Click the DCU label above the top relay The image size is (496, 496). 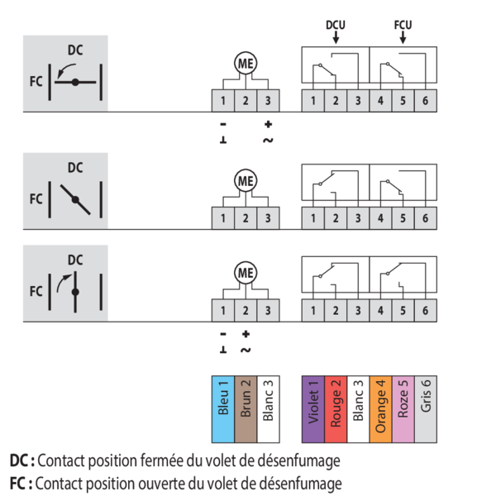pyautogui.click(x=335, y=26)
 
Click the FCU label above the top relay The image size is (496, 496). pyautogui.click(x=403, y=26)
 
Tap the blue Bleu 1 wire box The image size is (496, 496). pyautogui.click(x=222, y=401)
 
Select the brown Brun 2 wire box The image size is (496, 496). pyautogui.click(x=245, y=401)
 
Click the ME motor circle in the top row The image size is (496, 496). pyautogui.click(x=246, y=64)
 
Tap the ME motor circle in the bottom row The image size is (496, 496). pyautogui.click(x=246, y=272)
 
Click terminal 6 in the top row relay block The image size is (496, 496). pyautogui.click(x=425, y=101)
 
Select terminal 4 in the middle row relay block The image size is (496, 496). pyautogui.click(x=380, y=219)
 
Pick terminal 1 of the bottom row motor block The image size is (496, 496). pyautogui.click(x=223, y=311)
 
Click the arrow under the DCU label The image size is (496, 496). pyautogui.click(x=335, y=37)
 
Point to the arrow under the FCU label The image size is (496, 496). pyautogui.click(x=403, y=37)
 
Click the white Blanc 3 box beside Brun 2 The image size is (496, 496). pyautogui.click(x=267, y=401)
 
